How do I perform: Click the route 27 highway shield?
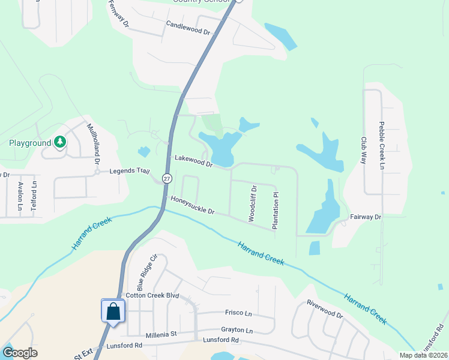(x=167, y=179)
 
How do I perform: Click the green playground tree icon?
(x=59, y=142)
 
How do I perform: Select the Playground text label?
(x=29, y=143)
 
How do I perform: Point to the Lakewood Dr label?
(x=194, y=161)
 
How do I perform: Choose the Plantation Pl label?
(x=276, y=211)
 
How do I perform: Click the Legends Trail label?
(x=129, y=171)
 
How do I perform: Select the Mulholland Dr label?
(x=93, y=143)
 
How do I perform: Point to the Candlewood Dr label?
(x=187, y=28)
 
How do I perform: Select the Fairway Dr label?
(x=366, y=217)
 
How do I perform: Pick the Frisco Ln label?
(x=238, y=314)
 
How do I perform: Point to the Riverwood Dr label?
(x=324, y=308)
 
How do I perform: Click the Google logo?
(x=20, y=353)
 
